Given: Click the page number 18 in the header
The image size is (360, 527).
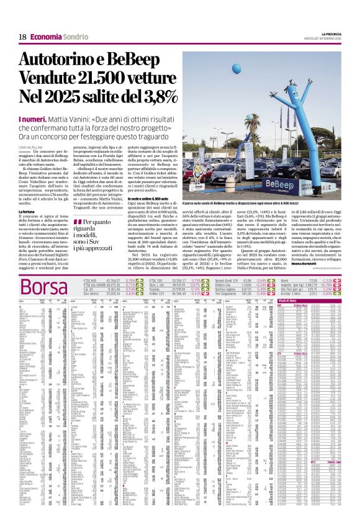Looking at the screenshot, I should tap(22, 37).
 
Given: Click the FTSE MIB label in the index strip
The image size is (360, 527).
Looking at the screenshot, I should tap(91, 264).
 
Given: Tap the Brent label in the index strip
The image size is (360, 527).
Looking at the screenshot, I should tap(286, 264).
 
